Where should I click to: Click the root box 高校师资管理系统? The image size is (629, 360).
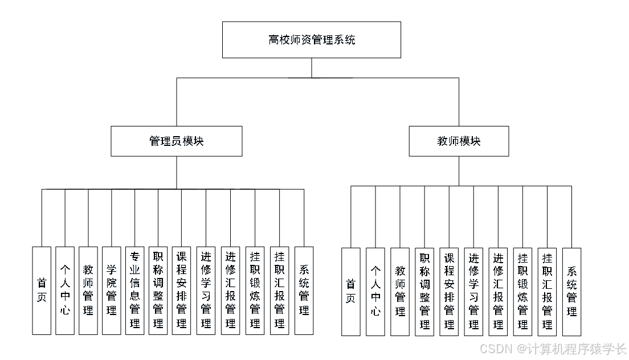tap(312, 40)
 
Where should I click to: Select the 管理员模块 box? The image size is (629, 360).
tap(176, 141)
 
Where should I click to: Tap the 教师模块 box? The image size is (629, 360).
tap(459, 141)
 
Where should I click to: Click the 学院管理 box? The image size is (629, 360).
tap(111, 291)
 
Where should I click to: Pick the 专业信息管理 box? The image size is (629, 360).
tap(134, 291)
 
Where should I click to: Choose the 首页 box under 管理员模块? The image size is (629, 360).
tap(42, 291)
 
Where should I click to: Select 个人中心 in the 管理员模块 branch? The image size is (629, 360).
tap(65, 291)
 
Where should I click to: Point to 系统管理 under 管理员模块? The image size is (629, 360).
tap(304, 291)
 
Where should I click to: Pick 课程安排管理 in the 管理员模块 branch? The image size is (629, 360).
tap(182, 291)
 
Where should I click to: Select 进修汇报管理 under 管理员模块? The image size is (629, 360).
tap(230, 291)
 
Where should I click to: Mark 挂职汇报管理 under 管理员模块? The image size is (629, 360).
tap(279, 291)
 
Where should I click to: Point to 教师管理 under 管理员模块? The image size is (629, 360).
tap(88, 291)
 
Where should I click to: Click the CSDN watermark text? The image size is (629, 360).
tap(553, 348)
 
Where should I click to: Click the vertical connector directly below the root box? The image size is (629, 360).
tap(312, 68)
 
